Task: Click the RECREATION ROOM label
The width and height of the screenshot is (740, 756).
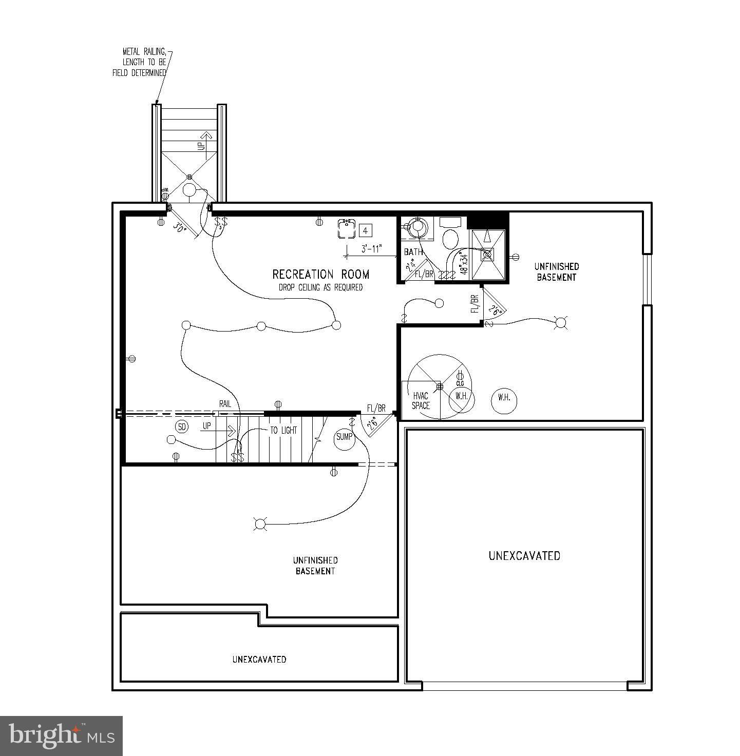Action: (x=320, y=275)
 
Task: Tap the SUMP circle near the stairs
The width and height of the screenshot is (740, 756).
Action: (x=344, y=437)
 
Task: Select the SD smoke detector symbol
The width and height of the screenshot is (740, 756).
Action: (x=181, y=427)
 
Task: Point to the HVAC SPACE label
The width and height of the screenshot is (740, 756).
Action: (x=421, y=400)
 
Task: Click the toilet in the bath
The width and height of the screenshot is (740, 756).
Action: (x=450, y=239)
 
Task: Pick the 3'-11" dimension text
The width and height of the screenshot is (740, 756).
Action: (x=372, y=249)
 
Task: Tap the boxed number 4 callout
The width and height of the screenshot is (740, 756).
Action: (x=365, y=231)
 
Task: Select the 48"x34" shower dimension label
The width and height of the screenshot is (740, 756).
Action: (x=465, y=263)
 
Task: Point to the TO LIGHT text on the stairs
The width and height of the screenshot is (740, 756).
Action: (x=283, y=431)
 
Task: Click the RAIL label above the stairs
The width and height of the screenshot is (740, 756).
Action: (x=225, y=404)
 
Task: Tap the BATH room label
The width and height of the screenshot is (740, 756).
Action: (x=413, y=252)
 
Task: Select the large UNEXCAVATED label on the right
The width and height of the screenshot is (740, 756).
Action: (x=524, y=556)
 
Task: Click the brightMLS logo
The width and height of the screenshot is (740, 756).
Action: (x=61, y=735)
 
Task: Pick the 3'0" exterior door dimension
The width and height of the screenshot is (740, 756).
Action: (x=179, y=226)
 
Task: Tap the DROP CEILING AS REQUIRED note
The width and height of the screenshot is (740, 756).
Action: (x=320, y=287)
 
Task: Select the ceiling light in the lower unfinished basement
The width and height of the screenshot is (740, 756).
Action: (x=260, y=524)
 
